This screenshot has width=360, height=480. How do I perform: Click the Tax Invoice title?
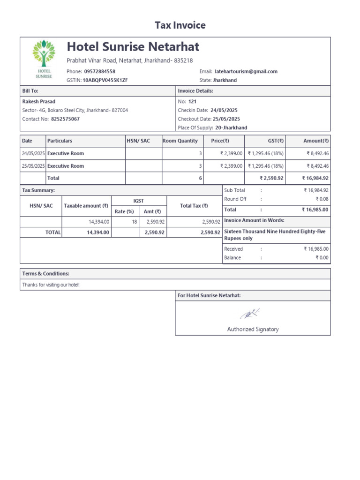[x=180, y=25]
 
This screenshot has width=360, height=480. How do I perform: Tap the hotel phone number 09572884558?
[x=99, y=71]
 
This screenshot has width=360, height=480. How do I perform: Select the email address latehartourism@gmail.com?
[x=246, y=71]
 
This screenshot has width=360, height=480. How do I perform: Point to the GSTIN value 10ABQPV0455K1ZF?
[x=105, y=80]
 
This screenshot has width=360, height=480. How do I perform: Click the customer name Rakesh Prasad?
[x=39, y=101]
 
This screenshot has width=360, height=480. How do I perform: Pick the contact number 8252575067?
[x=65, y=119]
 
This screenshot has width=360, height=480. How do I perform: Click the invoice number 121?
[x=192, y=101]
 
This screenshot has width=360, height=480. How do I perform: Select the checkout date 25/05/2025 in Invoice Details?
[x=226, y=119]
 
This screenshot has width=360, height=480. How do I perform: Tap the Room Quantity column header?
[x=180, y=141]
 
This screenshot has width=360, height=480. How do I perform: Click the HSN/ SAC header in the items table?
[x=138, y=141]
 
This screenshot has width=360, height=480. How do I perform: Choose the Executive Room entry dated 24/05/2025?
[x=66, y=153]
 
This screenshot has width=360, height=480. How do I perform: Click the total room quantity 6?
[x=200, y=178]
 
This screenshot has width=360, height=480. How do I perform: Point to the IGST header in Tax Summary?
[x=138, y=201]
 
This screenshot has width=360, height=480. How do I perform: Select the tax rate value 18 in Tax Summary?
[x=134, y=222]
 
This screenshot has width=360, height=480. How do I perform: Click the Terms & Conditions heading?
[x=45, y=273]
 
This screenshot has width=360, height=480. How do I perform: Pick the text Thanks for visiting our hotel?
[x=51, y=285]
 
